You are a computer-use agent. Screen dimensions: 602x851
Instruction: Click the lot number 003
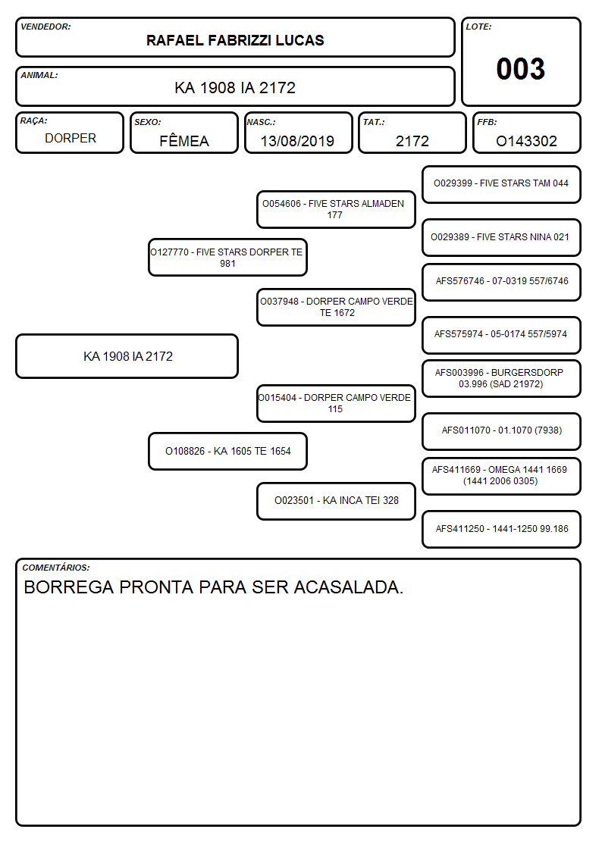521,69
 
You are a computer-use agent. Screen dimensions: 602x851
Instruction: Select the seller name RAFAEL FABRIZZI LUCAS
235,40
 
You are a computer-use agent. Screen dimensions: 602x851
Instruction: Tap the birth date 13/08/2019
297,141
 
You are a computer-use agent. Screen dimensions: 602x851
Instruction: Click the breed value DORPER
71,139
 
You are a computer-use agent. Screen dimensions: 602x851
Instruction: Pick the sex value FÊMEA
184,140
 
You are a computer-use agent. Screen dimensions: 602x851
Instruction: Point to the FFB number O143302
526,141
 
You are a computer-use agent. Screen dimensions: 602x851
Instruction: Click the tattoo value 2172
412,141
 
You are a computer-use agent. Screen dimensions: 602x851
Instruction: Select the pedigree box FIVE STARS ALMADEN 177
336,209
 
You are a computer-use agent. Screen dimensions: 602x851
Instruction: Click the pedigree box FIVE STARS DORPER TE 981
227,258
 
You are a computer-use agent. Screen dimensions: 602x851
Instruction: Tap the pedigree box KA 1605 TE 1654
227,451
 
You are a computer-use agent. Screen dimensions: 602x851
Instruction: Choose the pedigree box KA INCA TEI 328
336,501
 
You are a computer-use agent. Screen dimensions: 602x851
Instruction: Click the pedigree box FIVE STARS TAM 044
501,184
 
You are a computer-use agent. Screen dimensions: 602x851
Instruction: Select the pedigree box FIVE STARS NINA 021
501,237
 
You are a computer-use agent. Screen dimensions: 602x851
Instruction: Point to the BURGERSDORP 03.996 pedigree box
501,378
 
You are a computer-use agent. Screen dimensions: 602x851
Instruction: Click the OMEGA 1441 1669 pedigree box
501,476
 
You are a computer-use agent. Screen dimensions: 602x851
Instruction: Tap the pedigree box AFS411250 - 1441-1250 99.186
501,529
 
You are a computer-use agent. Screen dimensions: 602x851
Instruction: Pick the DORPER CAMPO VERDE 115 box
336,403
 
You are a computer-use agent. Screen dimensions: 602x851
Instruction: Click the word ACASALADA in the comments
349,587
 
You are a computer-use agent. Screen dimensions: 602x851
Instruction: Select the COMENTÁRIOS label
56,568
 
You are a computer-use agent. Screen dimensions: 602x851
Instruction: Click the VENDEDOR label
45,27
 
